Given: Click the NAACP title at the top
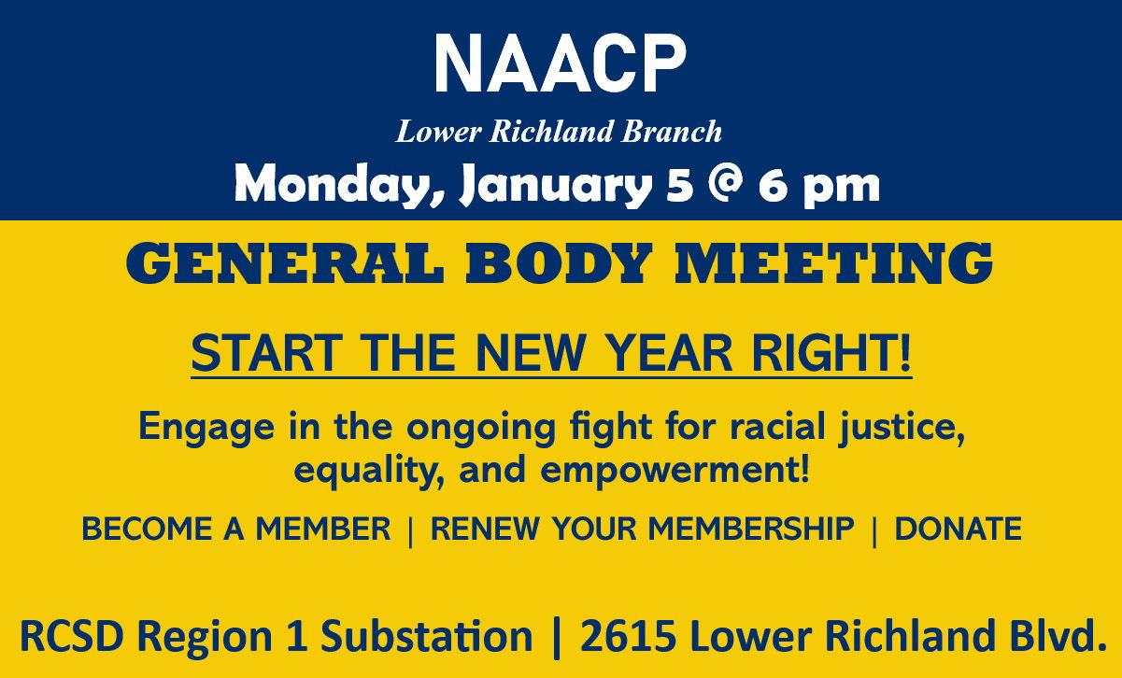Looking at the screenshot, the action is click(560, 64).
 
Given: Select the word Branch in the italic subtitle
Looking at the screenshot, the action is click(671, 132).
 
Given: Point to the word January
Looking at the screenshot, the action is click(556, 186).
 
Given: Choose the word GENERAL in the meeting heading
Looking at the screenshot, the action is click(285, 262).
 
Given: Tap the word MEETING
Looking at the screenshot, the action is click(833, 262).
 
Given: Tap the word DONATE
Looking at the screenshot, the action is click(959, 529).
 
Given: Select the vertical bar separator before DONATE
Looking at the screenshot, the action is click(874, 530).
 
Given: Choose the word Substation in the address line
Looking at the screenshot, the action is click(426, 636).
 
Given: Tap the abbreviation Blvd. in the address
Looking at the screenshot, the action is click(1058, 635).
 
